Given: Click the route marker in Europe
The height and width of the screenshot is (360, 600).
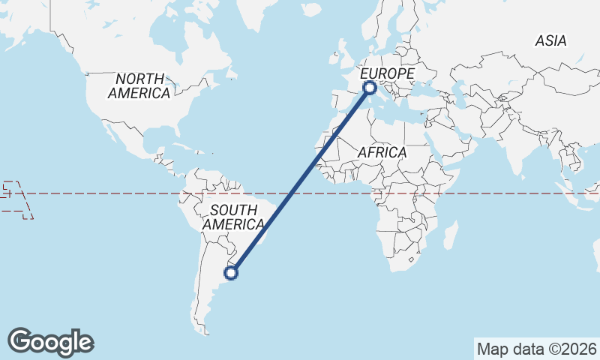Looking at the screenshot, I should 369,88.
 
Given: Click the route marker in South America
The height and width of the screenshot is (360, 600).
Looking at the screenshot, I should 232,273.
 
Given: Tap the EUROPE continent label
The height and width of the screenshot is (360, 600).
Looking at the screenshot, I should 388,73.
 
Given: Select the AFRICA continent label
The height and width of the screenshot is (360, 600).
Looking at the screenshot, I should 382,152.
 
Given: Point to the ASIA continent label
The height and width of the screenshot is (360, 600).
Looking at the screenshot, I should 550,41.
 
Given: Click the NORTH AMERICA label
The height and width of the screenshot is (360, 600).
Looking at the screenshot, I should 139,86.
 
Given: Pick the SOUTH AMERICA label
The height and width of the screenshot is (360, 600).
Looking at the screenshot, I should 233,216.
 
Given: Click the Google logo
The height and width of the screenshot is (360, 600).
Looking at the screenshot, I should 50,342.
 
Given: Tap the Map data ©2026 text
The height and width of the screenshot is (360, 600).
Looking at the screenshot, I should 537,349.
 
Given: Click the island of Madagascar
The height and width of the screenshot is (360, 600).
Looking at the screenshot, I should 451,234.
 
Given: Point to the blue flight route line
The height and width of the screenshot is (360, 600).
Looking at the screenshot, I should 300,181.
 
